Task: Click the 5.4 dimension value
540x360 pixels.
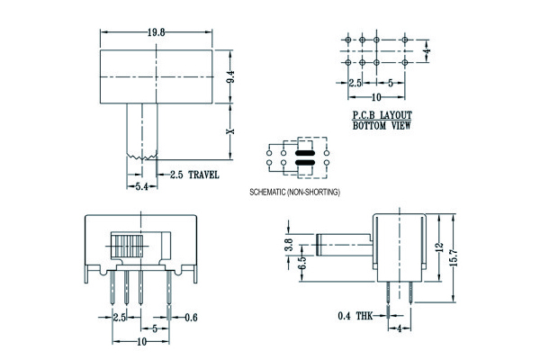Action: coord(140,186)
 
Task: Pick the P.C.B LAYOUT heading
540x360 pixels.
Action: coord(381,115)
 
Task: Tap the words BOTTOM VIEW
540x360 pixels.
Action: coord(381,126)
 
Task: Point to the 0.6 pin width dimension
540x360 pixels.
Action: coord(191,317)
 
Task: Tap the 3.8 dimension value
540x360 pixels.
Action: coord(288,243)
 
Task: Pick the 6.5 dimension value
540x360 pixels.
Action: coord(288,263)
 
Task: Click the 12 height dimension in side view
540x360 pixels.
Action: coord(438,246)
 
